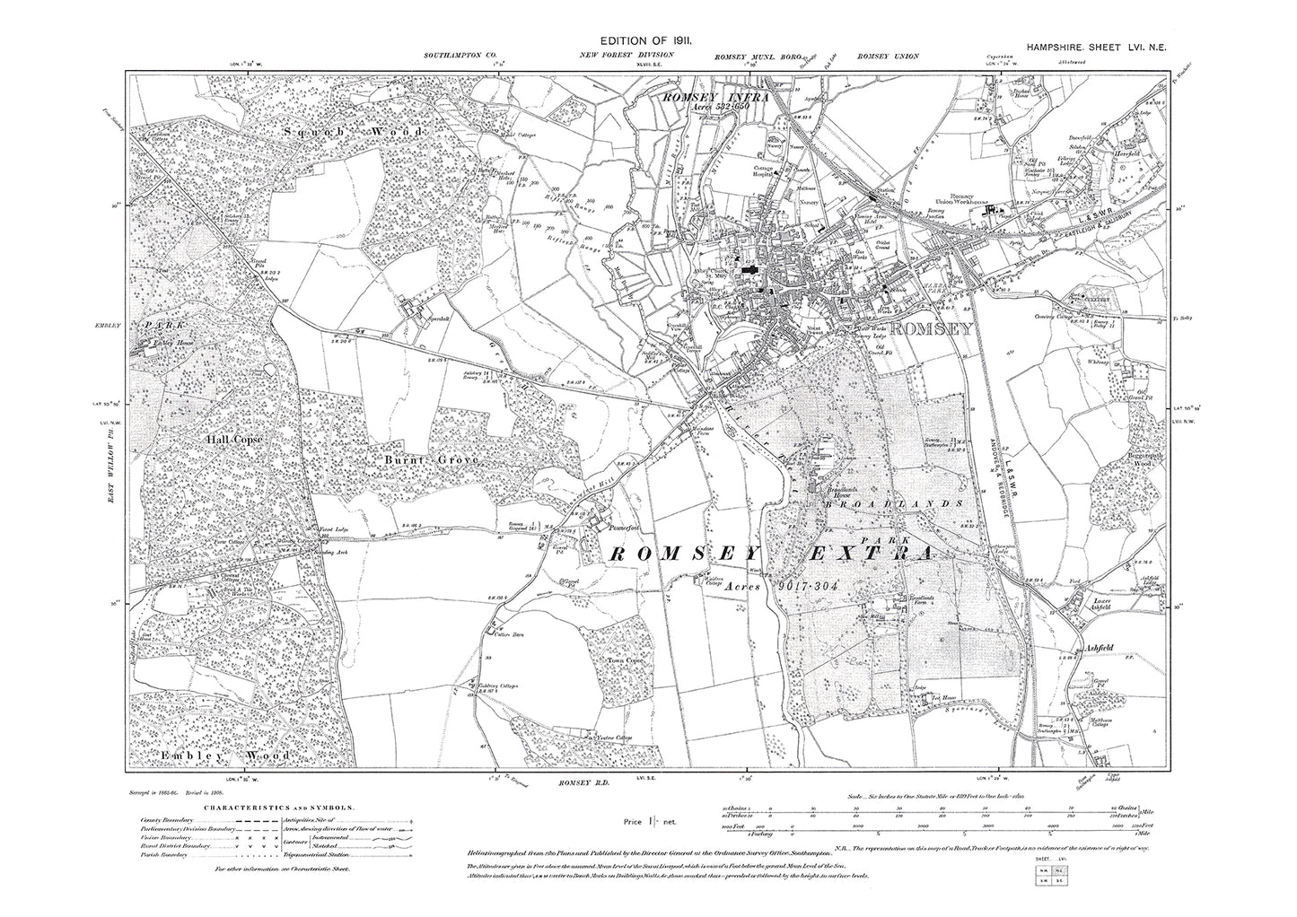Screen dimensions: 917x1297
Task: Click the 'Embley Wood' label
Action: click(x=226, y=756)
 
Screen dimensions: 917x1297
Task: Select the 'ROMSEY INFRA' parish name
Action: click(x=714, y=95)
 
